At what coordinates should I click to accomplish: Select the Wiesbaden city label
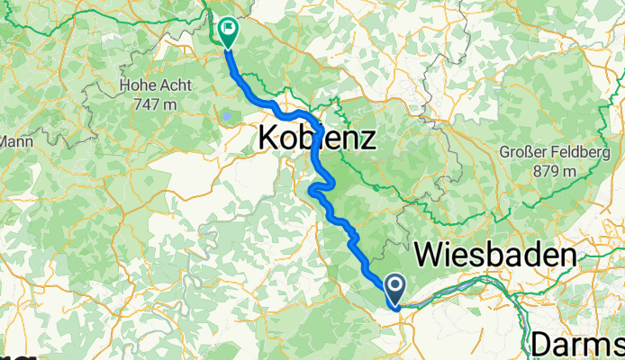click(494, 256)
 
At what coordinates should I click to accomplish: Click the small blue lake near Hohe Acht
click(227, 115)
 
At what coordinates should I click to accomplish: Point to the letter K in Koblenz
click(267, 139)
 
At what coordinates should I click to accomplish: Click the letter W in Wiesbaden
click(428, 256)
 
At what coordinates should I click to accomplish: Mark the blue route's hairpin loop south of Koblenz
click(314, 189)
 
